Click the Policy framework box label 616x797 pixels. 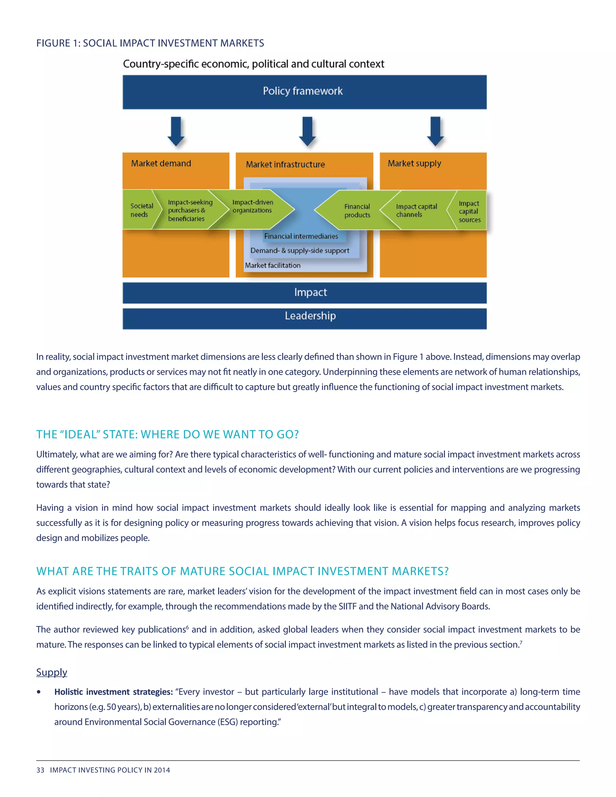[303, 91]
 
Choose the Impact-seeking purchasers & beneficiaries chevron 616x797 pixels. [188, 210]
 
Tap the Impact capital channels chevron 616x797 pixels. [416, 210]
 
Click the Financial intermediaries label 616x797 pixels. [301, 236]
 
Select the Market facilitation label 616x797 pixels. [273, 265]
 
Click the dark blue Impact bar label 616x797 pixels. [310, 292]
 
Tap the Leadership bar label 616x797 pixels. [310, 316]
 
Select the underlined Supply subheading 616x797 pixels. [51, 672]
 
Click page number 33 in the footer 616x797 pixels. [40, 770]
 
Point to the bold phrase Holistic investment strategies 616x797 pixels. [113, 692]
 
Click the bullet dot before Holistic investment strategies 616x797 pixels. [39, 692]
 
